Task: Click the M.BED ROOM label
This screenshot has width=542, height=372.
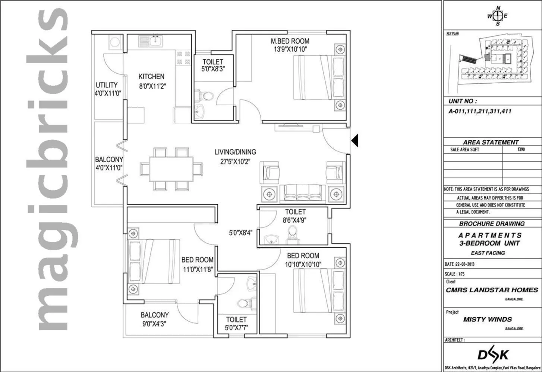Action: tap(290, 41)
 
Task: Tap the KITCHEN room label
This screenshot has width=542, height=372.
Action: tap(151, 77)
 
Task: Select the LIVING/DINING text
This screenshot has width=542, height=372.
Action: tap(235, 152)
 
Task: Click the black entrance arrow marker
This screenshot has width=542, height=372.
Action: tap(355, 140)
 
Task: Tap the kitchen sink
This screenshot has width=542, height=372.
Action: tap(151, 41)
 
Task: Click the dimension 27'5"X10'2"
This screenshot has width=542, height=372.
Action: tap(235, 161)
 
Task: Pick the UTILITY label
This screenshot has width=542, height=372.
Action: tap(107, 85)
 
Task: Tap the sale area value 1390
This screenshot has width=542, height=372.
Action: tap(521, 150)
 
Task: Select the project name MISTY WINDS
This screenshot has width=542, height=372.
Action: tap(488, 319)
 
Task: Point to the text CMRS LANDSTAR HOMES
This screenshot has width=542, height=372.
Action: tap(492, 290)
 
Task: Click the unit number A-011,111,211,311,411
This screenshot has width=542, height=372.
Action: tap(480, 111)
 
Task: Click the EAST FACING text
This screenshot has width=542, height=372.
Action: tap(488, 253)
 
